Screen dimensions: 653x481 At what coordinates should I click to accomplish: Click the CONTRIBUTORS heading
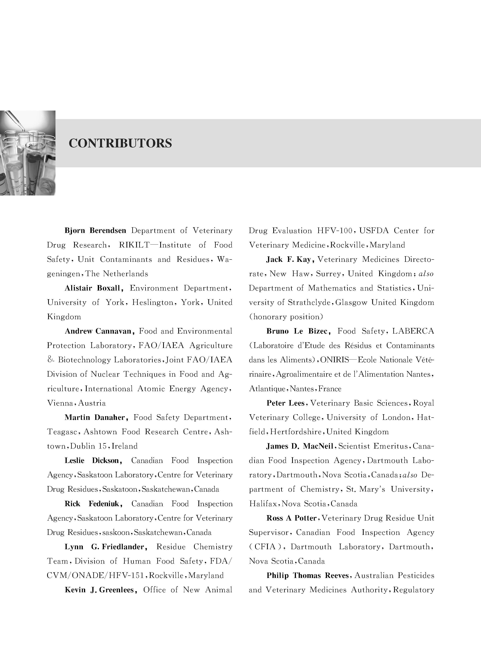[x=120, y=143]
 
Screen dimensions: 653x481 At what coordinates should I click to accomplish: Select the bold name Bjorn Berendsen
[x=95, y=231]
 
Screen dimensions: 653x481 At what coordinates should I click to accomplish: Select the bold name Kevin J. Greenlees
[x=101, y=590]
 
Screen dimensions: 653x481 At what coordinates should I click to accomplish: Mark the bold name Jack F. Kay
[x=290, y=259]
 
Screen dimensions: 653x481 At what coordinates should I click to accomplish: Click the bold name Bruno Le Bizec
[x=298, y=331]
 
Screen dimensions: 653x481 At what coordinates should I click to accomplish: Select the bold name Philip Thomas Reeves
[x=307, y=576]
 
